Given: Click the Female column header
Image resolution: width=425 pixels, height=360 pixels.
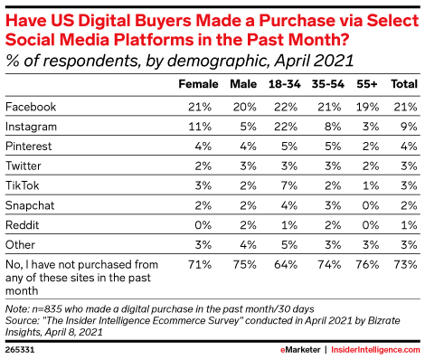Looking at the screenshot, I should (x=199, y=84).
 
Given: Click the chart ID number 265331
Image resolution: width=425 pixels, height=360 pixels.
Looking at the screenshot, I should (x=21, y=348).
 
